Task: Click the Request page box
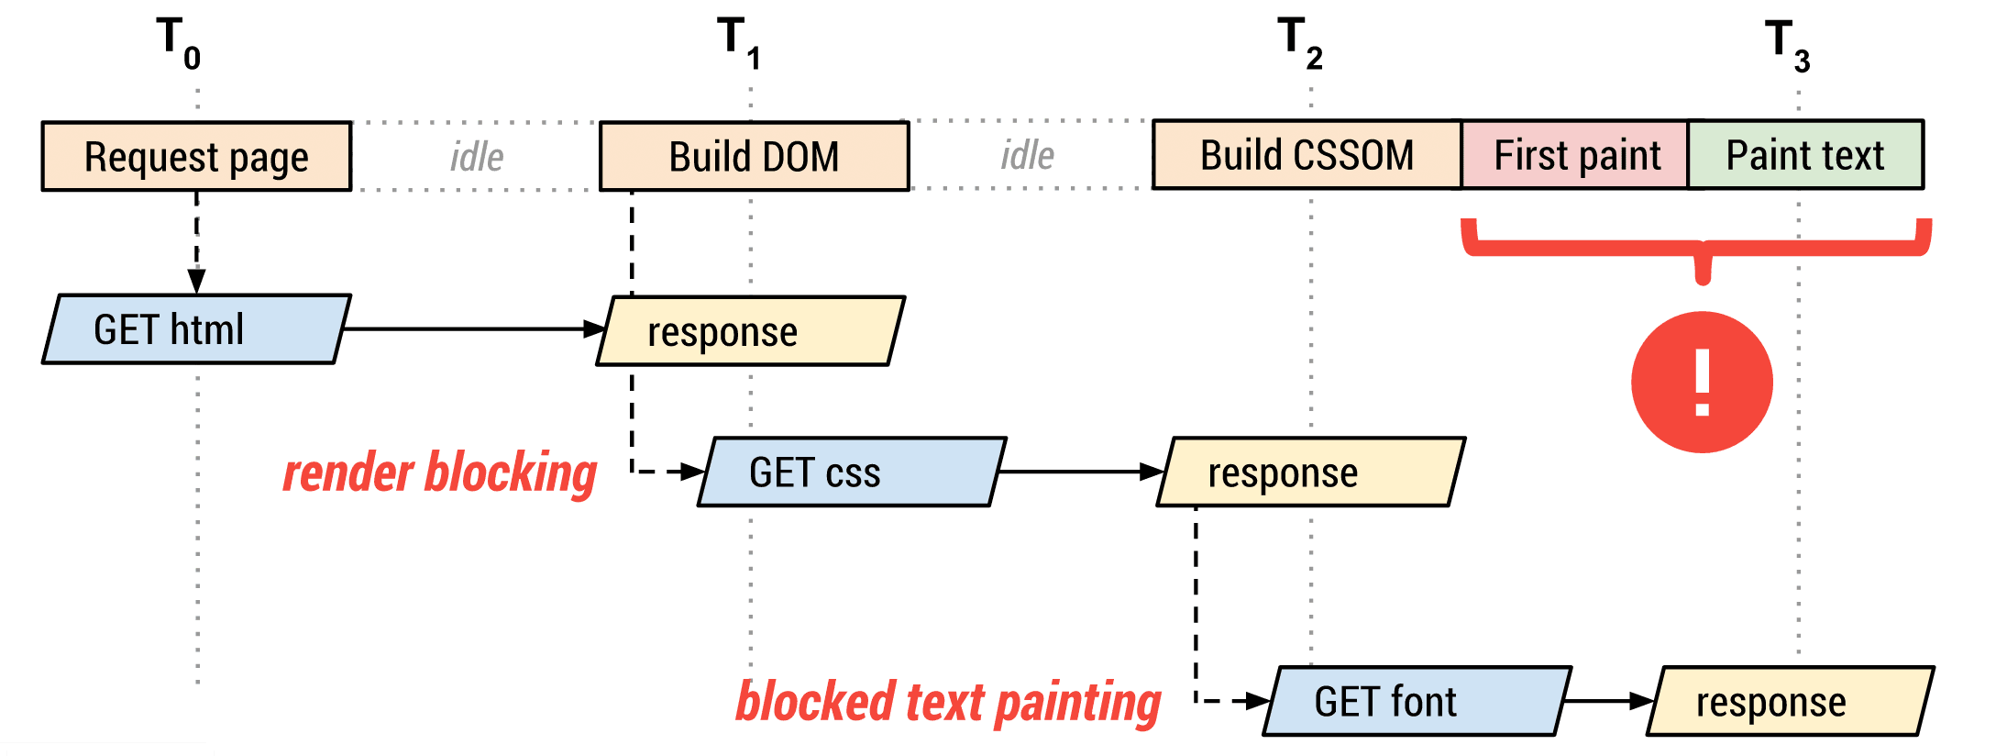(x=196, y=156)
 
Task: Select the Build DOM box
(x=754, y=156)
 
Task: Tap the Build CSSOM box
(x=1307, y=154)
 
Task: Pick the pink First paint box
(x=1575, y=154)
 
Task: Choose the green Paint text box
(x=1805, y=154)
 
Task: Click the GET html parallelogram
(x=196, y=329)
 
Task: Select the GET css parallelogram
(x=852, y=472)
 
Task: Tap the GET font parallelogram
(x=1417, y=701)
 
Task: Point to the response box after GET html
(x=751, y=331)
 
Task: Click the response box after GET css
(x=1311, y=472)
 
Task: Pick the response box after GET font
(x=1791, y=701)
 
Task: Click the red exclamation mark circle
(x=1702, y=382)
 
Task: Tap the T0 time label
(x=179, y=43)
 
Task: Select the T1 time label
(x=739, y=43)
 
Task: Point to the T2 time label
(x=1300, y=43)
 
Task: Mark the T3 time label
(x=1788, y=45)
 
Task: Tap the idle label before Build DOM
(x=477, y=157)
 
